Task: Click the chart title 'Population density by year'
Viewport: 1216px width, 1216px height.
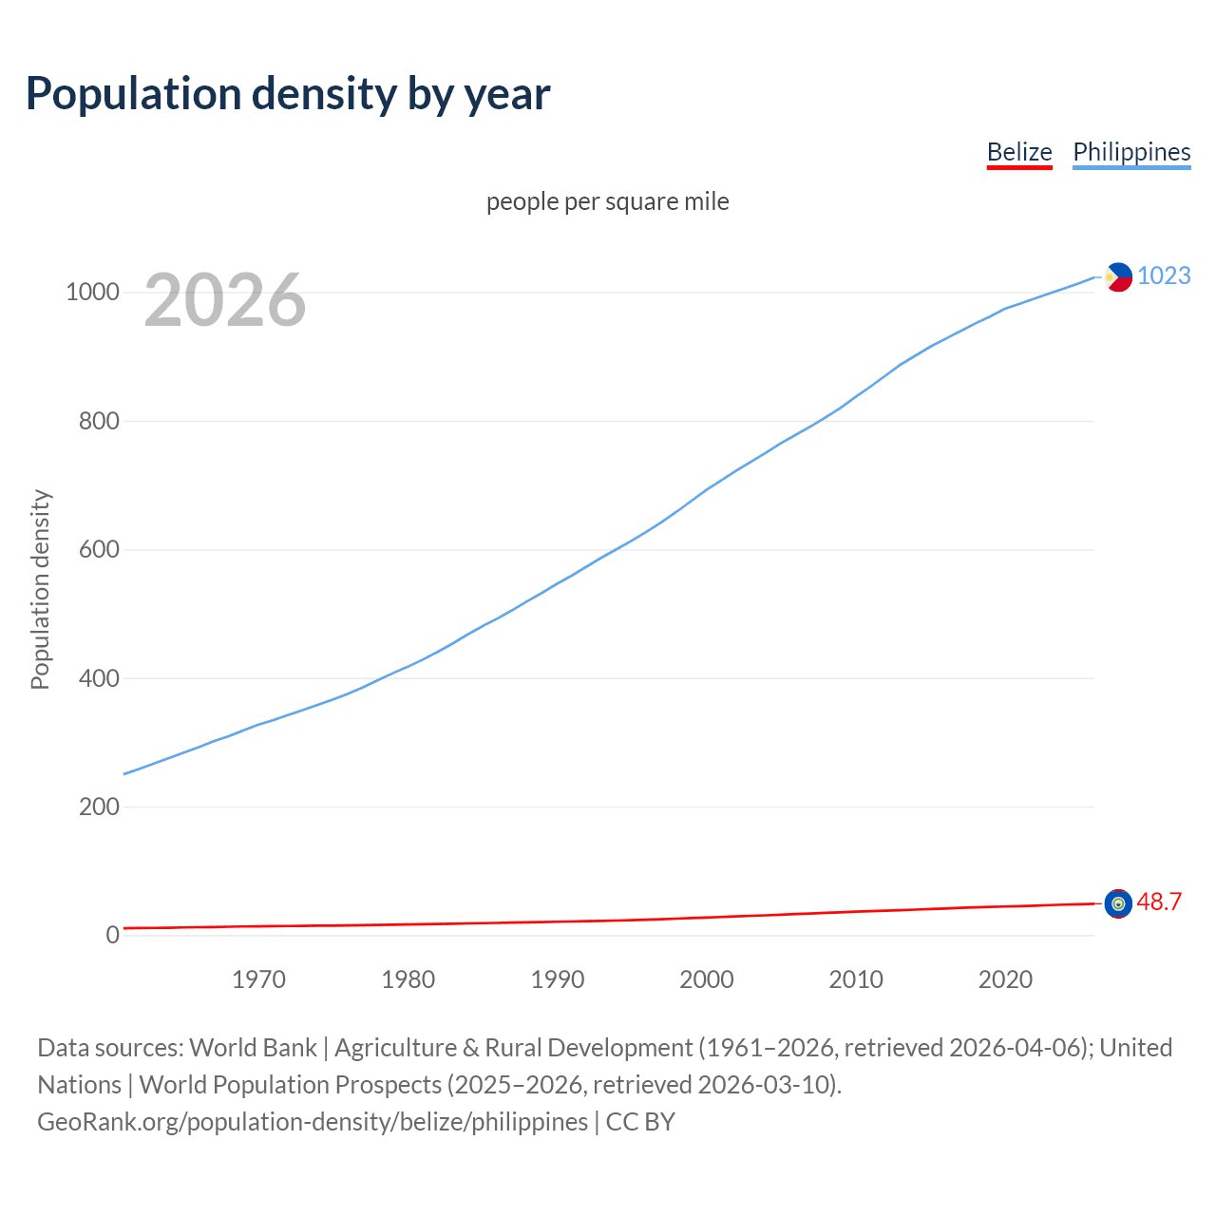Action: (x=288, y=94)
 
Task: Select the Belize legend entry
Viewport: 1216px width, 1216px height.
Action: (x=1019, y=152)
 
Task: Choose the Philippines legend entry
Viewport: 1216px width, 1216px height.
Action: (x=1131, y=152)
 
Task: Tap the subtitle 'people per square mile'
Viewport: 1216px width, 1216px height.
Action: (x=608, y=201)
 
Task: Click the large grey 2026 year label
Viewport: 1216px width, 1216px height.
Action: (x=225, y=300)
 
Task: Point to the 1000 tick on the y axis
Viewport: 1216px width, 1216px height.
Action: (x=92, y=292)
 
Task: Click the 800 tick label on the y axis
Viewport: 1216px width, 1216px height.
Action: (x=99, y=421)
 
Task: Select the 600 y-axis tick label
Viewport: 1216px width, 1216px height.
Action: (x=99, y=549)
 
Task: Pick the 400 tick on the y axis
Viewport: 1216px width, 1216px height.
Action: (x=99, y=678)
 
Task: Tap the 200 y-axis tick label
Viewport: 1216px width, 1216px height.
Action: (x=99, y=807)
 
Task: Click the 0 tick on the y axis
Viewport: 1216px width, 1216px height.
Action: (x=113, y=935)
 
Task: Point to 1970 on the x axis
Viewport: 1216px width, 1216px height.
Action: (x=258, y=979)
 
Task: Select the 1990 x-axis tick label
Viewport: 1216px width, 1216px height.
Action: (x=558, y=979)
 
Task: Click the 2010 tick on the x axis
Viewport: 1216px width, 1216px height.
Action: (x=856, y=979)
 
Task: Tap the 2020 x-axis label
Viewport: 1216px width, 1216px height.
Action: (x=1005, y=979)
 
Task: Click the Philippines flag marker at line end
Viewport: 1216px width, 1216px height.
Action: (x=1118, y=276)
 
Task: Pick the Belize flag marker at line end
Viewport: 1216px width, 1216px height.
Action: (x=1118, y=903)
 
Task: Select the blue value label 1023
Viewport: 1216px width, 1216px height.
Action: (x=1164, y=275)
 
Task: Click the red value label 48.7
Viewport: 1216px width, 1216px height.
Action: (x=1159, y=902)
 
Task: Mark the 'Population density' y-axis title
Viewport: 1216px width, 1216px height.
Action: (x=40, y=589)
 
